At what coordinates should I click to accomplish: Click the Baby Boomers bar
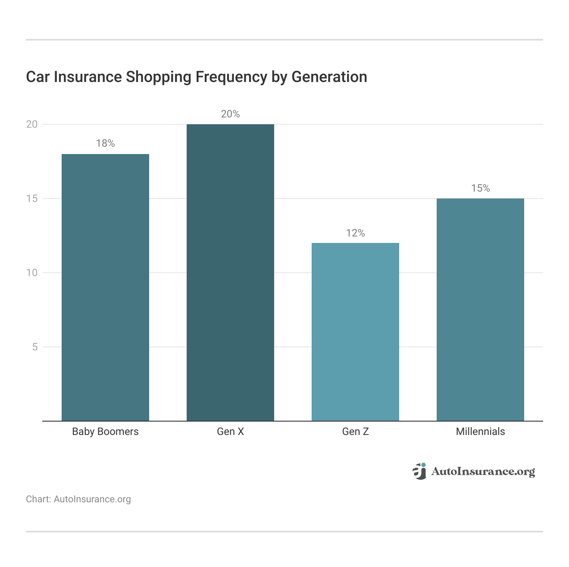click(x=105, y=287)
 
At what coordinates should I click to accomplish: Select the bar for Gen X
click(x=230, y=272)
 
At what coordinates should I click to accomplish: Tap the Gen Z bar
click(x=355, y=332)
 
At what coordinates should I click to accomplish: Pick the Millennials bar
click(x=480, y=309)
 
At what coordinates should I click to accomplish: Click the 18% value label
click(x=105, y=144)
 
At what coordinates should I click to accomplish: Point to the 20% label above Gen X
click(x=230, y=114)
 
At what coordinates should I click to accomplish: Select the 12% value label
click(x=355, y=233)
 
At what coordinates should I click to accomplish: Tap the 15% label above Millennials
click(x=480, y=189)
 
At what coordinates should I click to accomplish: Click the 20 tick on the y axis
click(x=32, y=124)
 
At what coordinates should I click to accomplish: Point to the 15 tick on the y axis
click(x=32, y=198)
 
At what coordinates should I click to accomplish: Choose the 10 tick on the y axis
click(x=32, y=273)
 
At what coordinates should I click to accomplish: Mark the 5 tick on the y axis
click(x=34, y=347)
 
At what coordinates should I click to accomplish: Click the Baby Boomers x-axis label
click(x=105, y=432)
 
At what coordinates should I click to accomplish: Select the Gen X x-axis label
click(x=230, y=432)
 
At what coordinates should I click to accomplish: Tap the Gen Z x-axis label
click(x=355, y=432)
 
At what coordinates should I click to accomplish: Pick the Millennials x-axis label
click(x=480, y=432)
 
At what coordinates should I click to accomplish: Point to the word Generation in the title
click(x=329, y=77)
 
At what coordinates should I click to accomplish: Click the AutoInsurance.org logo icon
click(x=419, y=471)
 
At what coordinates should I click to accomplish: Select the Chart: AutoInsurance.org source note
click(x=78, y=499)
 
